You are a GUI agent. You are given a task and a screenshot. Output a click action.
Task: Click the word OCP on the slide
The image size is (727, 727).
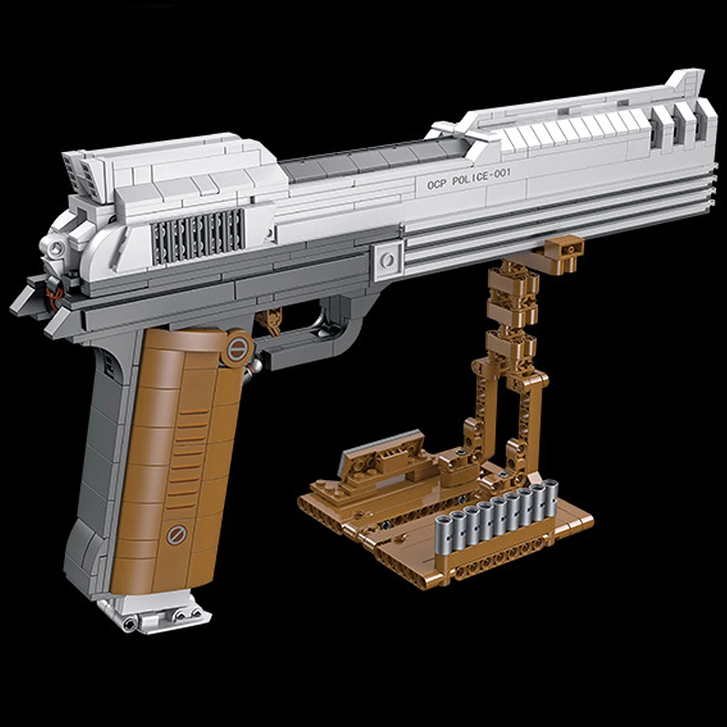[x=431, y=187]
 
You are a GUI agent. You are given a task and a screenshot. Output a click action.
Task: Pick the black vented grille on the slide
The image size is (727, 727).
[x=198, y=234]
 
